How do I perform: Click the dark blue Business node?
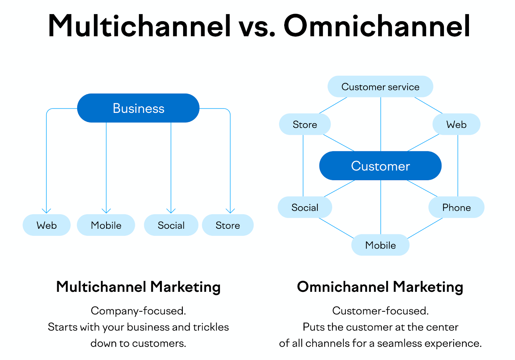tap(138, 108)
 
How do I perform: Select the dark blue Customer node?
tap(380, 166)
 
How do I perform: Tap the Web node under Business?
tap(47, 225)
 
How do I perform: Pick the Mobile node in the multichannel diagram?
tap(106, 225)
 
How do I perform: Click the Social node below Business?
tap(171, 225)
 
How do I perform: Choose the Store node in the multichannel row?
tap(228, 225)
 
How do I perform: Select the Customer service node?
tap(380, 87)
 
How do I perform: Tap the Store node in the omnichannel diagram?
tap(305, 124)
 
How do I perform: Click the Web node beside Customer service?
tap(456, 124)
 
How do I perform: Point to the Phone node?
tap(456, 208)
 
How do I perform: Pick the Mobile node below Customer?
tap(380, 245)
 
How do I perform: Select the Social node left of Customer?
tap(305, 208)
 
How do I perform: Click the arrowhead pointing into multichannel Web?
tap(47, 211)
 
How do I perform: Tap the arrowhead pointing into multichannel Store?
tap(230, 211)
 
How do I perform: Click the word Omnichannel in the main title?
tap(377, 26)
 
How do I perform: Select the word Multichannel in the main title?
tap(139, 26)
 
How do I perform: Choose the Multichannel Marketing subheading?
tap(138, 287)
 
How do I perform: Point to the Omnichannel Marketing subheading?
tap(380, 287)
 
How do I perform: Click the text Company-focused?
tap(138, 311)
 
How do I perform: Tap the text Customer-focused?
tap(380, 311)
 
